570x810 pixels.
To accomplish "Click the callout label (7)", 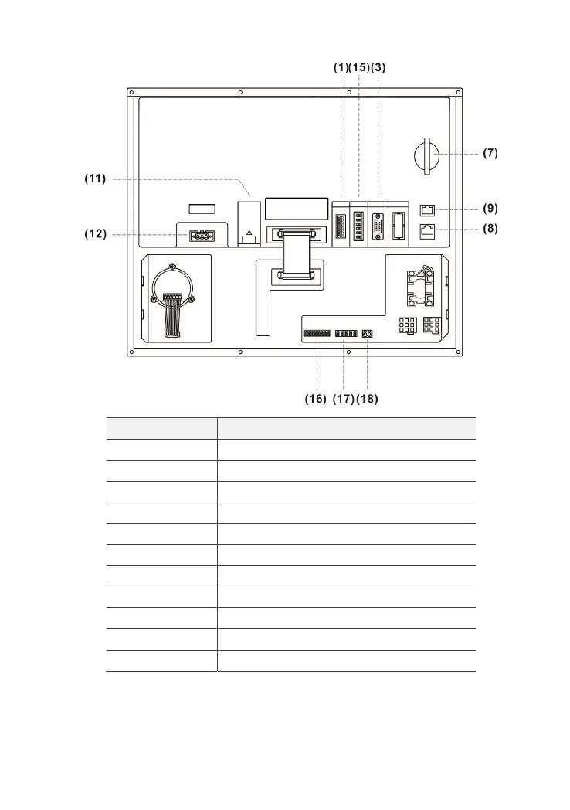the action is (x=490, y=153).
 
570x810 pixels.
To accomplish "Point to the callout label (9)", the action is (x=490, y=208).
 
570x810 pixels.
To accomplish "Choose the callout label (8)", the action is (x=490, y=229).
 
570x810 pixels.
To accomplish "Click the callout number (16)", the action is (x=317, y=399).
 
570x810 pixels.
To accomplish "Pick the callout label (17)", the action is (x=344, y=399).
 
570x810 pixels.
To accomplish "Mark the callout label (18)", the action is (x=368, y=399).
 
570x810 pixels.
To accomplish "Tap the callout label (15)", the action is (x=359, y=67).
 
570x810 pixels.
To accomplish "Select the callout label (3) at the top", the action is (x=378, y=67).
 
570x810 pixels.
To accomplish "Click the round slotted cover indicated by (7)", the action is (x=426, y=154).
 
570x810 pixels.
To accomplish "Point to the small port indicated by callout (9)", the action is (x=426, y=209).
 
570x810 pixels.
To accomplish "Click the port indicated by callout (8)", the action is (x=426, y=230).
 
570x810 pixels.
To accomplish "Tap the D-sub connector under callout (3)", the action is (x=378, y=227).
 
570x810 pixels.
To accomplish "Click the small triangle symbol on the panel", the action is (x=249, y=232).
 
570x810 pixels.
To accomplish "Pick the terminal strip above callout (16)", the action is (x=317, y=334).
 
